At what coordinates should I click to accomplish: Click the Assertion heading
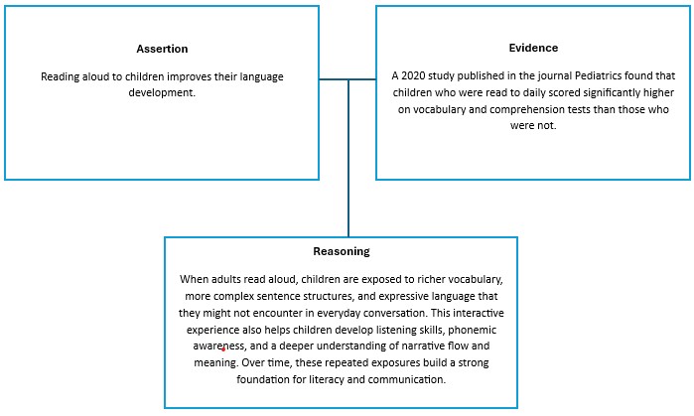pos(162,49)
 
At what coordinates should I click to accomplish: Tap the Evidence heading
pos(532,47)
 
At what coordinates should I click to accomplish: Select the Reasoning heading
pos(341,252)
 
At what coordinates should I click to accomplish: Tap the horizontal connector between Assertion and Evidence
pos(347,79)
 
